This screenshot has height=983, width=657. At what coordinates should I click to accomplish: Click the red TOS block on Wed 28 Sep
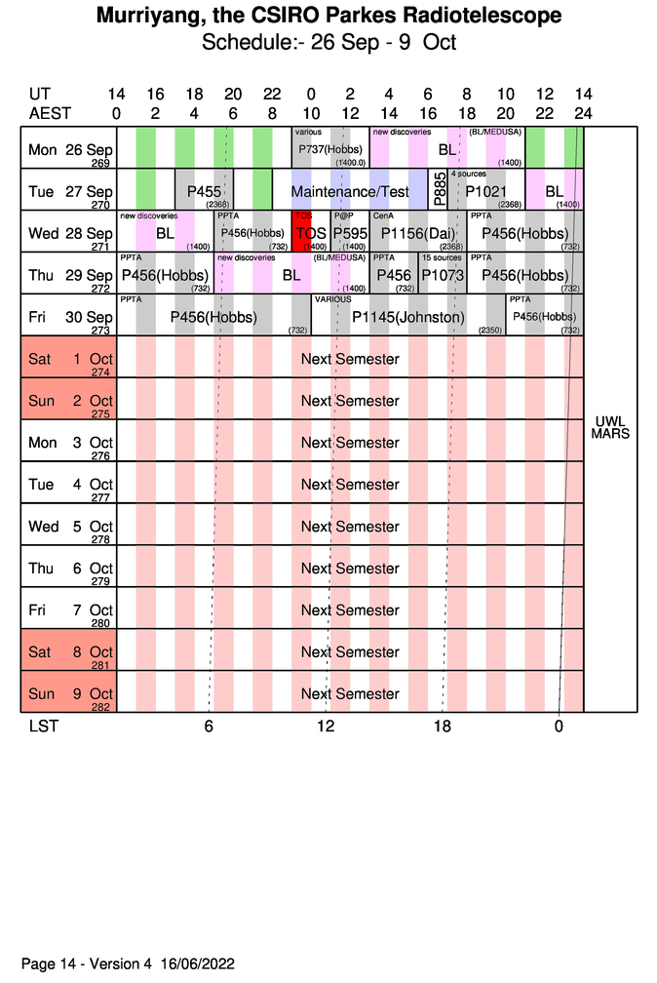pos(311,232)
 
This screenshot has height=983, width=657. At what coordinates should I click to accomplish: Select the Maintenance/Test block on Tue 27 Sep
pos(350,191)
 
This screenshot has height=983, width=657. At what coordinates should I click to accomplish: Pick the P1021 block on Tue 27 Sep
pos(485,191)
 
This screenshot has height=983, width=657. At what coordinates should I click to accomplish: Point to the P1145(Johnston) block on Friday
pos(408,317)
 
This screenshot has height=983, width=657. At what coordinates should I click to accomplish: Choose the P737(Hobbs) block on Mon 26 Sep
pos(330,148)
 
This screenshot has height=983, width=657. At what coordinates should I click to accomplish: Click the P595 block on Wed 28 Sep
pos(349,233)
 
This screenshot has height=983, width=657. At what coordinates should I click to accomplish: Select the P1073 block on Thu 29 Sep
pos(443,275)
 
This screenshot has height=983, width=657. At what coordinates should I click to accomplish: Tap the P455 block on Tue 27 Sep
pos(204,191)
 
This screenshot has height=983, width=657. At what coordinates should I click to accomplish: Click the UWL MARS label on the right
pos(610,427)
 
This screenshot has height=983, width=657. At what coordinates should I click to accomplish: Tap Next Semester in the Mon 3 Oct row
pos(350,443)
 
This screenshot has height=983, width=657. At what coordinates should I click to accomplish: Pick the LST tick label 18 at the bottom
pos(443,727)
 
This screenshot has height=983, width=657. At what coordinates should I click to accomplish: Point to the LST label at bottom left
pos(43,727)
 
